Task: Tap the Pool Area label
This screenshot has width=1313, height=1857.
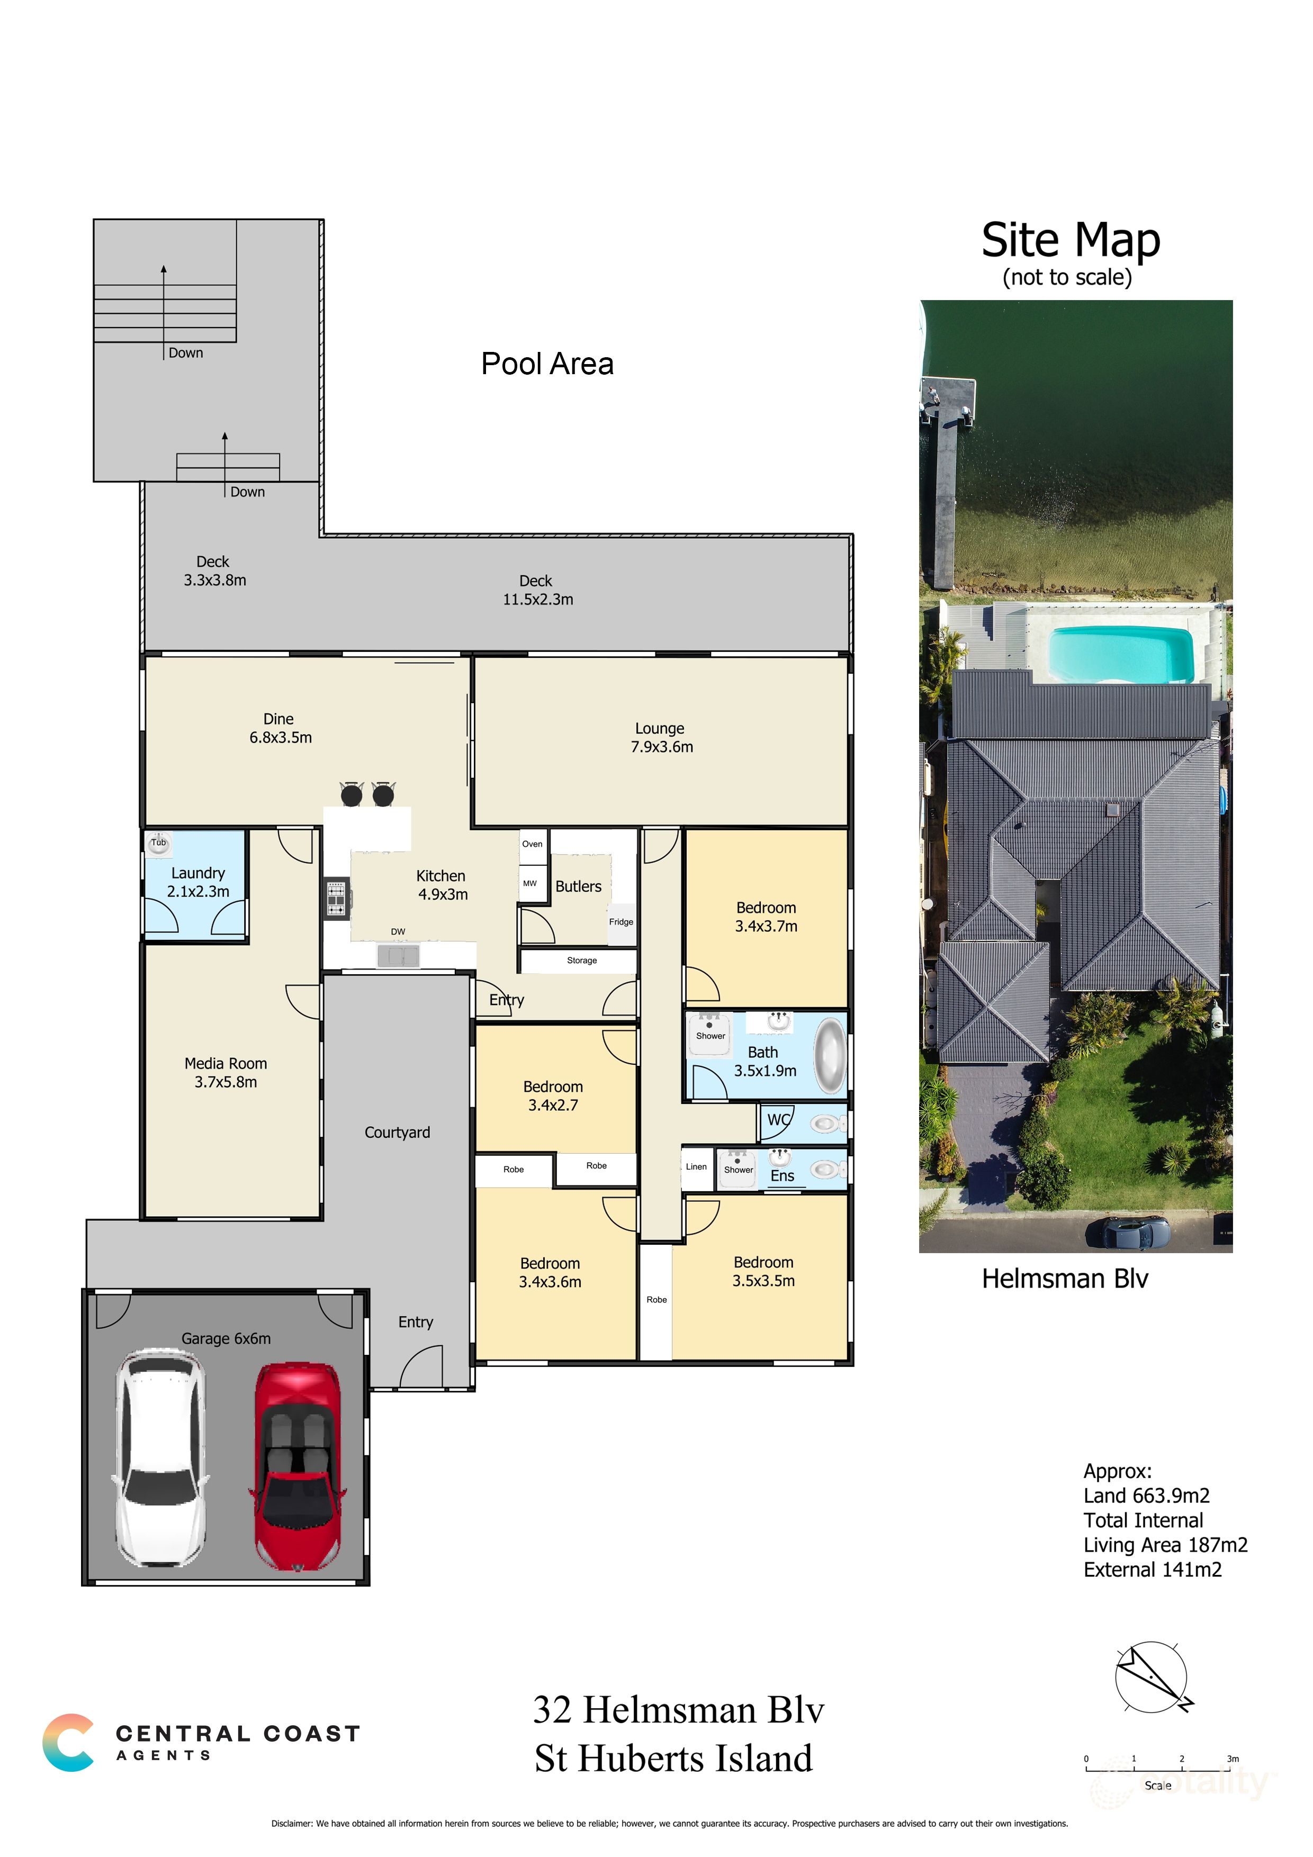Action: [x=547, y=364]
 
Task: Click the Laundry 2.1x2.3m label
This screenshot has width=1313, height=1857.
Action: [x=197, y=882]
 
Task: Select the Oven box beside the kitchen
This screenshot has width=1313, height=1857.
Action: [x=532, y=844]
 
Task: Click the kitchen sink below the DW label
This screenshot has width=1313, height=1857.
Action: [x=398, y=957]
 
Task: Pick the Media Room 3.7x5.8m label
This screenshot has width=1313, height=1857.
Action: [x=225, y=1073]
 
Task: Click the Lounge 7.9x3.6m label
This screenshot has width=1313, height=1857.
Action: [x=661, y=738]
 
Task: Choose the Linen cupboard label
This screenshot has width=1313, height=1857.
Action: [x=696, y=1166]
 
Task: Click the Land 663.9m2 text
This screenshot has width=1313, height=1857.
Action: [x=1146, y=1496]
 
